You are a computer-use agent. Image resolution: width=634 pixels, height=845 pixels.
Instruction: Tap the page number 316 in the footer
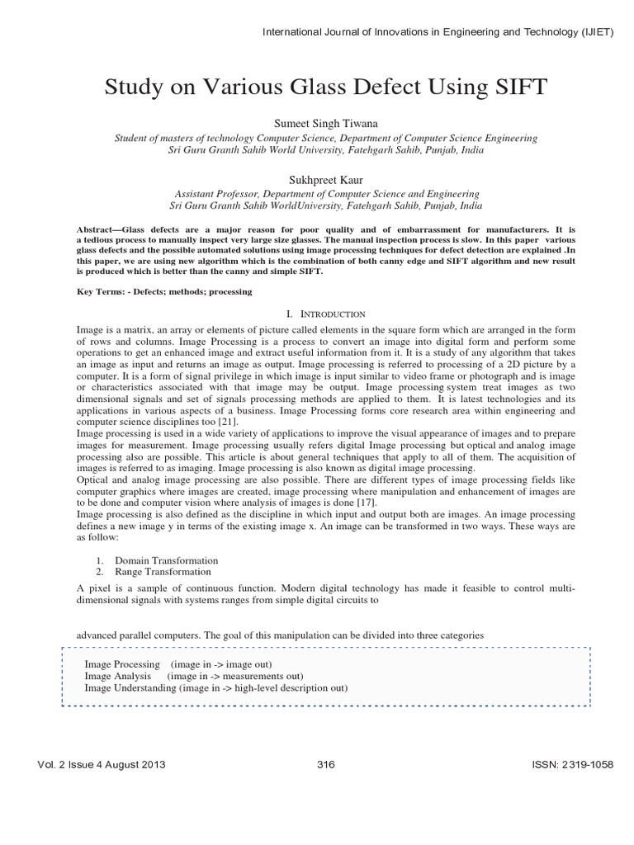pos(325,764)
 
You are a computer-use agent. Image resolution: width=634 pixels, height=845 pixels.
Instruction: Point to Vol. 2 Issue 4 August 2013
pos(102,764)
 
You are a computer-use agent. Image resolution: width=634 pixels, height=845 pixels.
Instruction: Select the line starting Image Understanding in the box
pos(215,687)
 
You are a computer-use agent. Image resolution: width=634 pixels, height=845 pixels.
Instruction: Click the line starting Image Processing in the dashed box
pos(178,664)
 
